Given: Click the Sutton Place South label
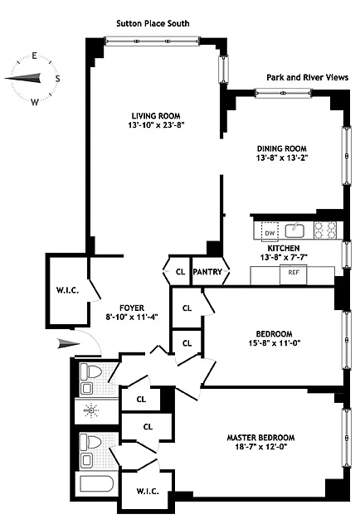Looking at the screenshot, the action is click(x=153, y=23).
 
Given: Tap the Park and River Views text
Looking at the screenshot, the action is click(x=307, y=78).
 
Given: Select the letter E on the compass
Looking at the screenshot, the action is click(x=34, y=56).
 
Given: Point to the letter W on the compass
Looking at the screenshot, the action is click(x=35, y=102).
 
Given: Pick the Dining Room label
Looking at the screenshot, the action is click(x=282, y=148).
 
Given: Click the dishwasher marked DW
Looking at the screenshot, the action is click(x=270, y=231).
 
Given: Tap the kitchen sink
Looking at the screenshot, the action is click(x=294, y=230).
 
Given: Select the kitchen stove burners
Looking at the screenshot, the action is click(x=325, y=230).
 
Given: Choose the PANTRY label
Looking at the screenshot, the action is click(x=207, y=272).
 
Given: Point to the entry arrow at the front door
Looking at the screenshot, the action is click(x=69, y=343).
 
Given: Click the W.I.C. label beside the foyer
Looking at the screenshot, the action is click(x=67, y=290).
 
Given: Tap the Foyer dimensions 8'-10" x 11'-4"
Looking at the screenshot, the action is click(x=132, y=317).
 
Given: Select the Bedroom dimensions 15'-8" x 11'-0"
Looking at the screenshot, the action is click(x=275, y=343).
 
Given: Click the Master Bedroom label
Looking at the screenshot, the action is click(x=260, y=438).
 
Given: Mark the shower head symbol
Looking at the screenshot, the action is click(x=91, y=410).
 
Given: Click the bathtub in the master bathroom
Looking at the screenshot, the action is click(x=96, y=483).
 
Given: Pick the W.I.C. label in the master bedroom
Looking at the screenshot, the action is click(x=148, y=491).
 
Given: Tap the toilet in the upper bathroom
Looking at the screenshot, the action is click(x=91, y=371).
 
